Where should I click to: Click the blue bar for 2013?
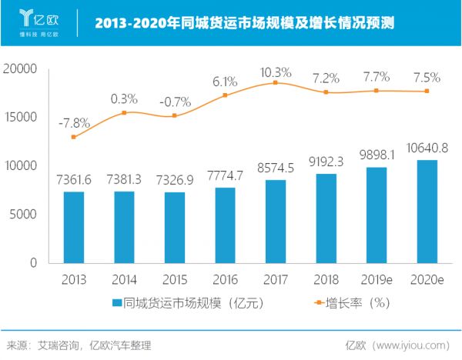pyautogui.click(x=74, y=227)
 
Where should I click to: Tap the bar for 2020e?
pyautogui.click(x=427, y=211)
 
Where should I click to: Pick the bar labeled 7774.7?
pyautogui.click(x=226, y=225)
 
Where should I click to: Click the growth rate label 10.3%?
pyautogui.click(x=276, y=72)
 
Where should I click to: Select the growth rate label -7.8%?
pyautogui.click(x=74, y=122)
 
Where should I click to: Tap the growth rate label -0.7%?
pyautogui.click(x=175, y=102)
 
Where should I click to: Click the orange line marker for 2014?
pyautogui.click(x=124, y=113)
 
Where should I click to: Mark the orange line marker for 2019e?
pyautogui.click(x=377, y=91)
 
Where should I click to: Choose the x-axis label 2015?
pyautogui.click(x=175, y=278)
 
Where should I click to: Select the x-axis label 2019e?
pyautogui.click(x=377, y=278)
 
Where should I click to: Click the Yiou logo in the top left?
pyautogui.click(x=38, y=22)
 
